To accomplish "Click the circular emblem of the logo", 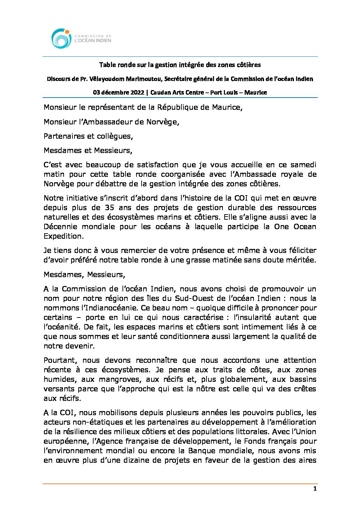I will pyautogui.click(x=62, y=38).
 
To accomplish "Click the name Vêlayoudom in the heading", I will pyautogui.click(x=106, y=79).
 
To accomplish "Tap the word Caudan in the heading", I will pyautogui.click(x=160, y=92).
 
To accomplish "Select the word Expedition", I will pyautogui.click(x=63, y=236).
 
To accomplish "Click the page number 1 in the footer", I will pyautogui.click(x=315, y=489).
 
